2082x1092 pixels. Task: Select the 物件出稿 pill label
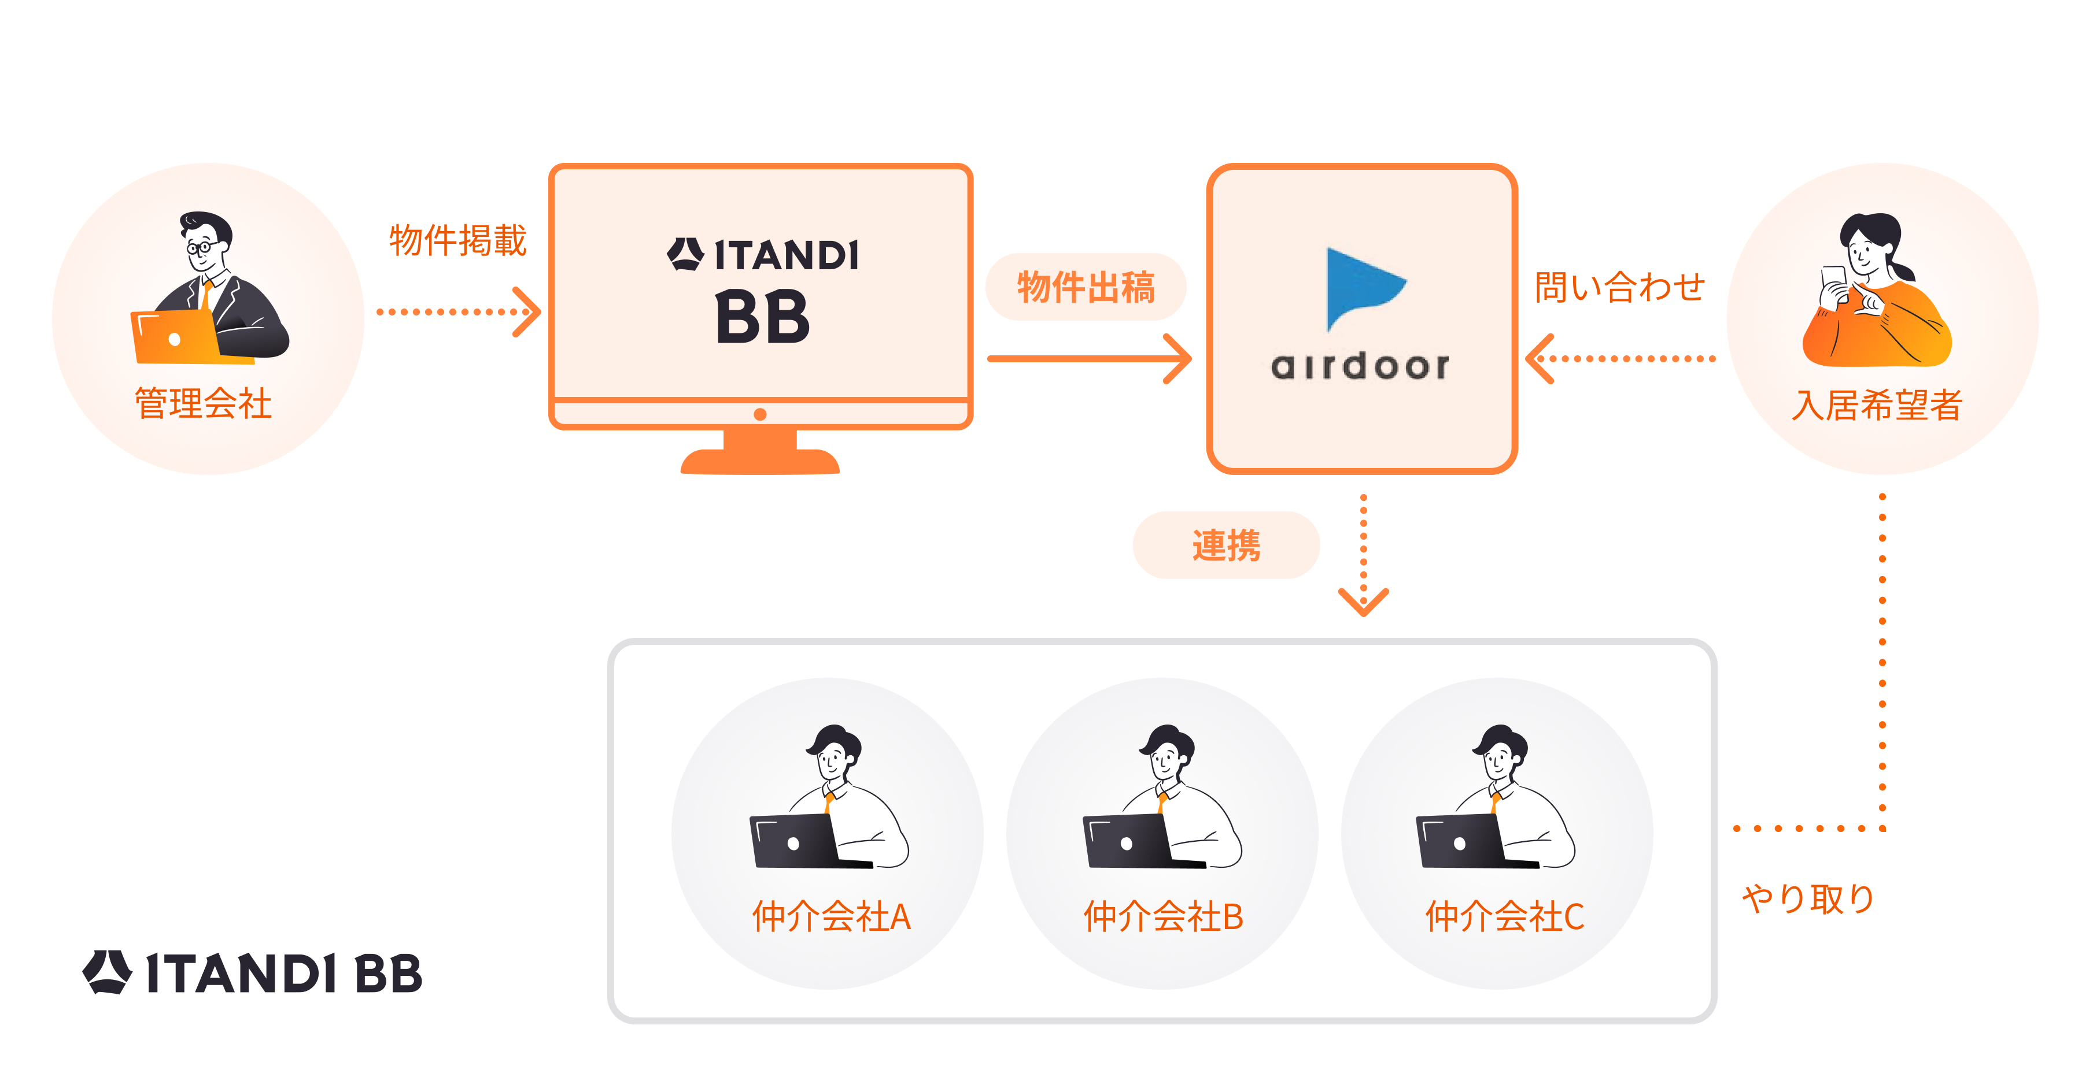[1086, 287]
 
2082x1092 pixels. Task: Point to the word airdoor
[1360, 366]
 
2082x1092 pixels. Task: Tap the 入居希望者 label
[1877, 404]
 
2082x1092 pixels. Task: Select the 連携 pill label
[1226, 545]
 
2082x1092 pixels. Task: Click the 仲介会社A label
[831, 917]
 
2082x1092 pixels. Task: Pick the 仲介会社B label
[1163, 917]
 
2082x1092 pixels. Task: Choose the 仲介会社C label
[1504, 917]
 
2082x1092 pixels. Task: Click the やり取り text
[1808, 898]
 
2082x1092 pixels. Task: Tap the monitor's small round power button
[760, 414]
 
